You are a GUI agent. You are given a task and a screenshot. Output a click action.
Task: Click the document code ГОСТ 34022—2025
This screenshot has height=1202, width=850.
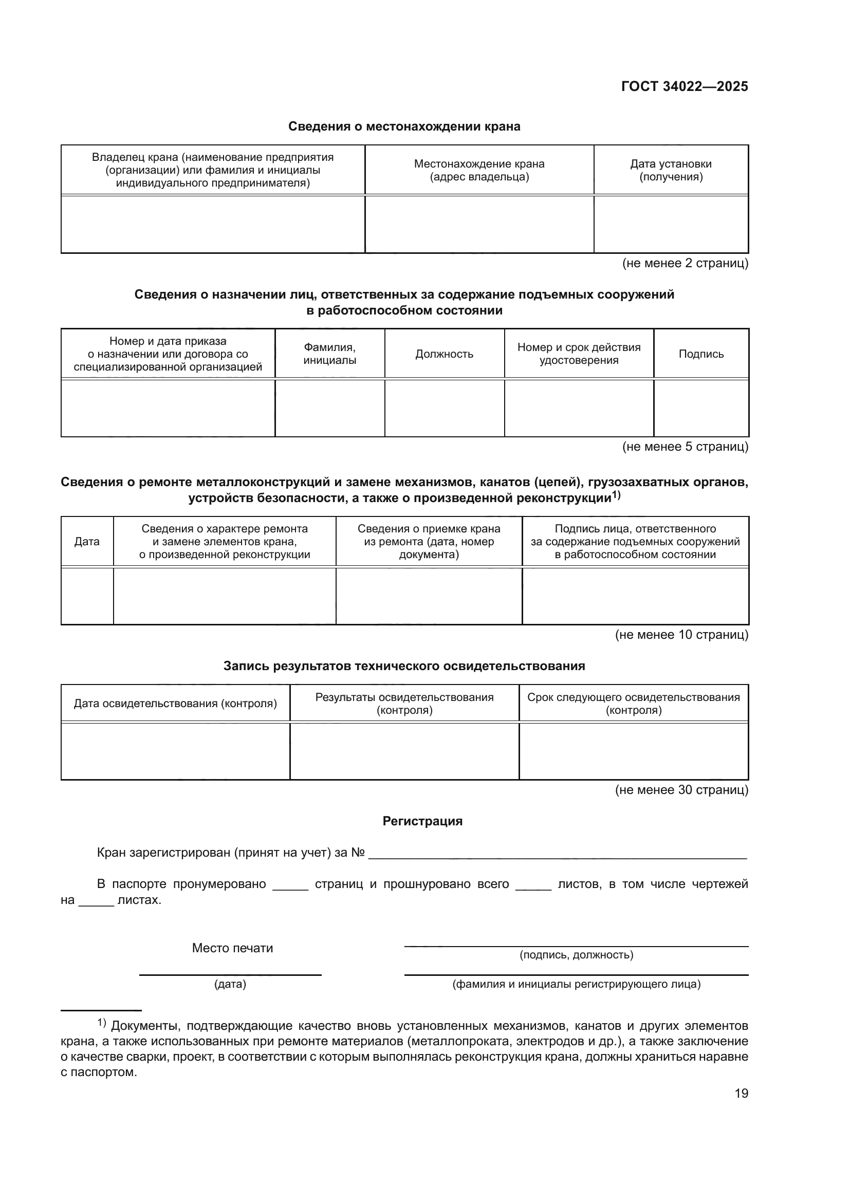point(684,86)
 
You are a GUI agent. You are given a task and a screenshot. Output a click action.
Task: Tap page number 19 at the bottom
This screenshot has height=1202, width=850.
point(741,1093)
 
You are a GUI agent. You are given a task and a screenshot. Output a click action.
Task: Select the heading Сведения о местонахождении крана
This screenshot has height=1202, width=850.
point(404,127)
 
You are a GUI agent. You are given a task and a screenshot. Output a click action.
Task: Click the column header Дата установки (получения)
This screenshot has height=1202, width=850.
point(671,170)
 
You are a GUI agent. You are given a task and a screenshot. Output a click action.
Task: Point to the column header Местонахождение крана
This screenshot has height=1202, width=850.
point(479,170)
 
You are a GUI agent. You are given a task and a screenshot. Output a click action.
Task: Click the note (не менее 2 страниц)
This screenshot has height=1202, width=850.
point(685,263)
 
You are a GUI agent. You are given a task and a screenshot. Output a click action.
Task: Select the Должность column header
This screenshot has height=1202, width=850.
point(444,354)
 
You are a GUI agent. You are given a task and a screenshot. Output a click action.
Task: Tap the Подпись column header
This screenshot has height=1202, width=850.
point(701,354)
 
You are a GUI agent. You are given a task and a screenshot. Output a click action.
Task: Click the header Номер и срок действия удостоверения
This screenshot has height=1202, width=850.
point(578,354)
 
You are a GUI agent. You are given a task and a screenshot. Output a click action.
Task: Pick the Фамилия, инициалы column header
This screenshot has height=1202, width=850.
point(330,354)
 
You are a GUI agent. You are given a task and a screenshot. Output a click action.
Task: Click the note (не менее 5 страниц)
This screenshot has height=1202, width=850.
point(685,447)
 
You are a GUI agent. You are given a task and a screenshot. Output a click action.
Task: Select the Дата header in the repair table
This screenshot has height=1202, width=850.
point(87,541)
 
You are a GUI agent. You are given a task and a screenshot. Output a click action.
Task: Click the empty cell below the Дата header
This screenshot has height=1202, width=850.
point(87,596)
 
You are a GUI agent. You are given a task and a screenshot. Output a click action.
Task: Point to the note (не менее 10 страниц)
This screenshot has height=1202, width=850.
point(681,635)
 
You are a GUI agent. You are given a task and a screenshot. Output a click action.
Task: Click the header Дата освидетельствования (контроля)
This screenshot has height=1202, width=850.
point(175,704)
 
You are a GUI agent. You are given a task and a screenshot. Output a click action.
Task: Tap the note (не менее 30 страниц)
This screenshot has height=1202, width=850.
point(681,789)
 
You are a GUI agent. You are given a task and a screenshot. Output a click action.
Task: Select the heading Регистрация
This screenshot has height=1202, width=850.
point(422,821)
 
